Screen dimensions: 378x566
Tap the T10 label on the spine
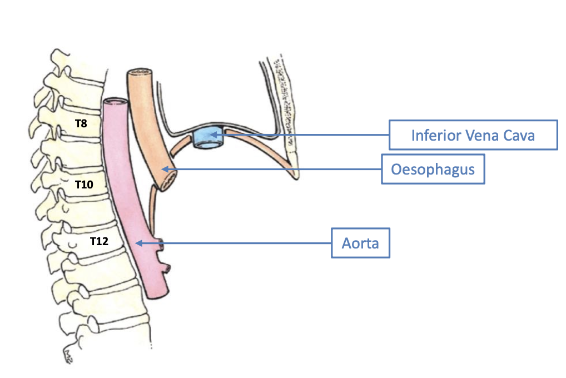coord(84,185)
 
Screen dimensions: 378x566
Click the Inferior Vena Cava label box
coord(473,135)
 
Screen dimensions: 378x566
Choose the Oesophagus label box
coord(433,168)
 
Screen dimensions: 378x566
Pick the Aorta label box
coord(360,243)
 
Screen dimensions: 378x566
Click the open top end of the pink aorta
coord(115,102)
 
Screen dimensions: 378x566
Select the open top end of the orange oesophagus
coord(138,73)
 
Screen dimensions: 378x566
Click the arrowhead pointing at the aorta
coord(138,242)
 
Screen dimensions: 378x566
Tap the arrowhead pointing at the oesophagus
coord(164,168)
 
